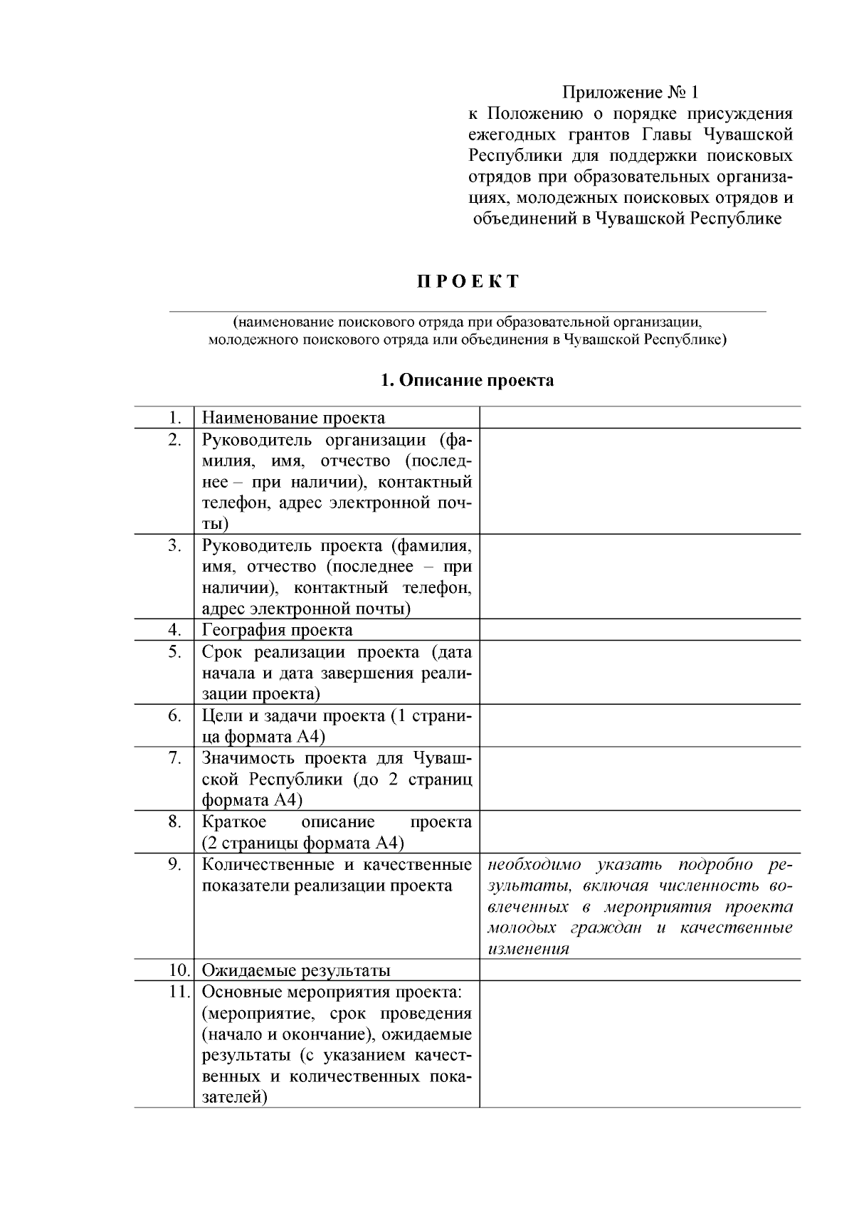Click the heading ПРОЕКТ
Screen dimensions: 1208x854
468,281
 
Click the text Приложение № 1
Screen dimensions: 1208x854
631,93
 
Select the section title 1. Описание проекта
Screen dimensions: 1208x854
467,380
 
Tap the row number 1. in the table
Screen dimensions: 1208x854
175,418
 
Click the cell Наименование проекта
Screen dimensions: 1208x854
293,418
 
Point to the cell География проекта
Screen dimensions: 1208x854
277,630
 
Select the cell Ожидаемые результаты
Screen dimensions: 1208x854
296,970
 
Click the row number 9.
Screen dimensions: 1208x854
175,864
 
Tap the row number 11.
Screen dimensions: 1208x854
179,992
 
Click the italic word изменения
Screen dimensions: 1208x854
527,949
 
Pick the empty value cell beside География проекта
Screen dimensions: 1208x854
639,630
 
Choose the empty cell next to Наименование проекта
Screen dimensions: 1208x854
639,418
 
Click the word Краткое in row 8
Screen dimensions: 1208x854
234,822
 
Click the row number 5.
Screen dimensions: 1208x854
175,652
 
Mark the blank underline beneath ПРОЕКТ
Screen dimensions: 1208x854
467,311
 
